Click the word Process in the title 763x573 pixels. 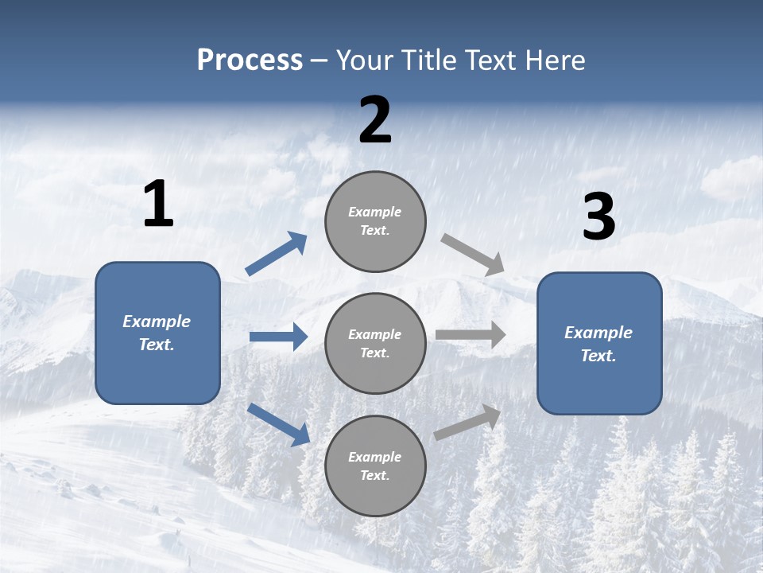pos(250,60)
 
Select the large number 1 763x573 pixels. pos(158,205)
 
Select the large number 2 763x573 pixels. pos(375,121)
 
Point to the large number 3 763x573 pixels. pos(598,218)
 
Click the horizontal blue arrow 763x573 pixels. pos(278,337)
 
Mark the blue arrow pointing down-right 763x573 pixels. pos(278,424)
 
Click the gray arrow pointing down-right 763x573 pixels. pos(473,255)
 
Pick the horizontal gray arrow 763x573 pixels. pos(471,335)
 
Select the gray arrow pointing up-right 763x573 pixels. pos(467,423)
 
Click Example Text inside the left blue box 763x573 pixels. pos(157,333)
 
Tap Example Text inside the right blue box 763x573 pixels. pos(598,344)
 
